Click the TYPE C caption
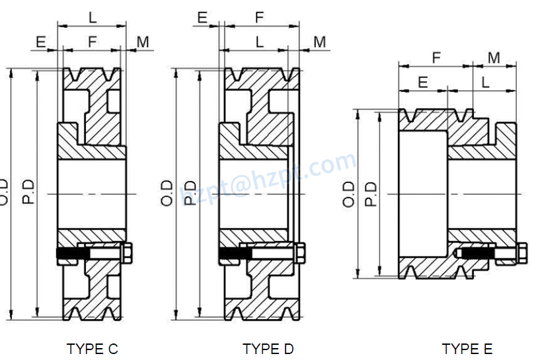tap(93, 349)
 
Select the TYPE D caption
tap(268, 349)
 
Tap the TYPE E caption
tap(467, 349)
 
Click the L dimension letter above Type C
tap(93, 18)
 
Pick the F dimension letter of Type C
tap(93, 42)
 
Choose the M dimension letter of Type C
tap(143, 42)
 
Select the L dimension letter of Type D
tap(260, 42)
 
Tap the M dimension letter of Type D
tap(319, 42)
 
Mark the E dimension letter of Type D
tap(202, 18)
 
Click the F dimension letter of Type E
tap(436, 57)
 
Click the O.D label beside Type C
tap(5, 192)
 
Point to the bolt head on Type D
tap(301, 252)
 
